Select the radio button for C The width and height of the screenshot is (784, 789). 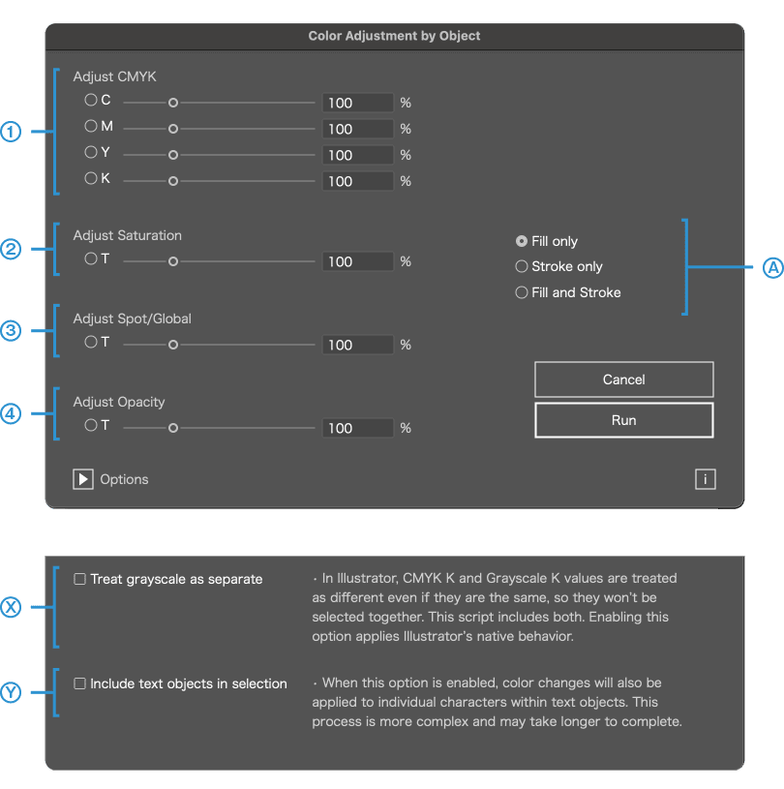coord(91,100)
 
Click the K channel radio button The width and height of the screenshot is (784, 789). coord(91,178)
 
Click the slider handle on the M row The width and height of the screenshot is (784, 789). coord(173,129)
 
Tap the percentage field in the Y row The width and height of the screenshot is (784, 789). coord(358,155)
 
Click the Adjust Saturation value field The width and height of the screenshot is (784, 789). coord(358,261)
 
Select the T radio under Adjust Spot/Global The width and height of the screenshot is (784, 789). coord(91,342)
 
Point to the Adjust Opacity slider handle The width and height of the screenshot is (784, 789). coord(173,428)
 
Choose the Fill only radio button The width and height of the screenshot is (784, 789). coord(522,241)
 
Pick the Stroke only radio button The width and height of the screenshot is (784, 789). coord(522,266)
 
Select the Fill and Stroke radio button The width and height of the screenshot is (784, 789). coord(522,292)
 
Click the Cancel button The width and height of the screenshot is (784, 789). coord(624,379)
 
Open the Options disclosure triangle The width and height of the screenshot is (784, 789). coord(83,479)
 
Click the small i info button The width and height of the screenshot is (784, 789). coord(706,479)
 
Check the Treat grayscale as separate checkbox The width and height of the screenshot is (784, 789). coord(79,579)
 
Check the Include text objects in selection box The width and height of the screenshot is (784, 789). coord(79,683)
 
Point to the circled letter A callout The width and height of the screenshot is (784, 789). coord(773,267)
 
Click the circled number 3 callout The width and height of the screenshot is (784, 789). coord(11,330)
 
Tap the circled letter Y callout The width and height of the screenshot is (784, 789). coord(11,692)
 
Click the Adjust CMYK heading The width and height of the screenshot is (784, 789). coord(115,76)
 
